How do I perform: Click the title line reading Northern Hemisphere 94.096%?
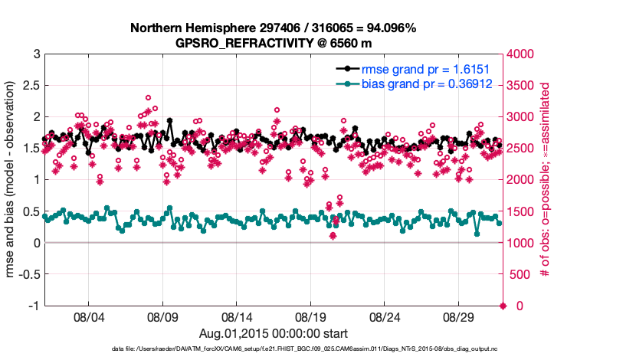(273, 28)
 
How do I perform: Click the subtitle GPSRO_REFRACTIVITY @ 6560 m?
(273, 43)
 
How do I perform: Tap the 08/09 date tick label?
(162, 316)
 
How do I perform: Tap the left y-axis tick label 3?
(36, 54)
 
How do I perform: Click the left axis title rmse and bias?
(11, 179)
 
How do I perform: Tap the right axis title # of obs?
(546, 179)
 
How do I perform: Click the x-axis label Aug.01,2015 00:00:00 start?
(274, 333)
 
